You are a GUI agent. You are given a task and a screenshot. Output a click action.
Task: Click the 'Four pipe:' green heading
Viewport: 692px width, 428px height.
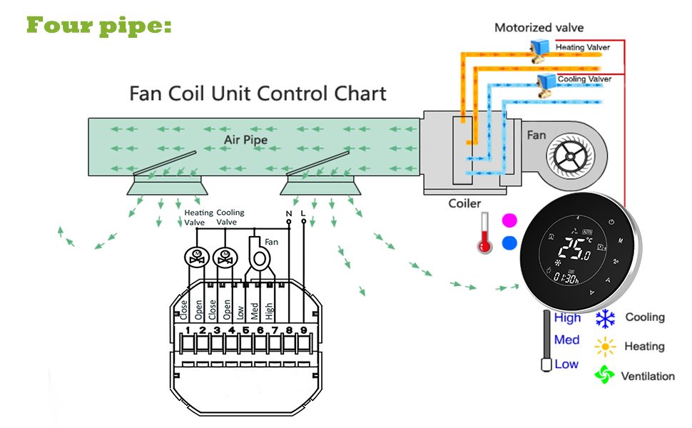[99, 25]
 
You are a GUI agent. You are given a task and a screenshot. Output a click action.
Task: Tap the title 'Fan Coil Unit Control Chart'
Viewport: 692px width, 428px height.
[258, 93]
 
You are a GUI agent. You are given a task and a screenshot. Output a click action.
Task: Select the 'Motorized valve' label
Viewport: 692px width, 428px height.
[539, 28]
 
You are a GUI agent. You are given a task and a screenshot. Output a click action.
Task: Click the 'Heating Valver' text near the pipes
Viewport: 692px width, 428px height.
[583, 48]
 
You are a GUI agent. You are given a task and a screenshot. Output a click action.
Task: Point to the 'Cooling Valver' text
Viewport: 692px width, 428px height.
[584, 78]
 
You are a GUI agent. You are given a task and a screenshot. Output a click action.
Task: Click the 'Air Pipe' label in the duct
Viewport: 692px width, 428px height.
[246, 140]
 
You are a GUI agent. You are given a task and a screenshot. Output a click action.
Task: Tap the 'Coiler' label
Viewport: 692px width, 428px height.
[464, 203]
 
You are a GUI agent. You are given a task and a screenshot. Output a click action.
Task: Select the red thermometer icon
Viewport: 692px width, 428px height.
[486, 233]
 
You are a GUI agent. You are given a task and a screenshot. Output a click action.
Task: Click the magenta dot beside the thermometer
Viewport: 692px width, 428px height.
[509, 219]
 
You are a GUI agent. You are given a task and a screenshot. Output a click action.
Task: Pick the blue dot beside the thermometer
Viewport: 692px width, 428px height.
[509, 243]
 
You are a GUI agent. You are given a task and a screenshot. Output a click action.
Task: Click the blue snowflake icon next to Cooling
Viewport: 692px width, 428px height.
[606, 318]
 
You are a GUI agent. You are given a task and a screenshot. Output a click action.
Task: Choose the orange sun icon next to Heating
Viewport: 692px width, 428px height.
[605, 347]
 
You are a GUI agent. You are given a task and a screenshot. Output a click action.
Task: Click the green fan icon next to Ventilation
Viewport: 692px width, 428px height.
[605, 375]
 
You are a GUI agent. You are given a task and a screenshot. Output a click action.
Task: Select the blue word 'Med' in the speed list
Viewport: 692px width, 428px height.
[566, 340]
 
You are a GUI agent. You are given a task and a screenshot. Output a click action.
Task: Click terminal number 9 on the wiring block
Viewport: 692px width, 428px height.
[303, 330]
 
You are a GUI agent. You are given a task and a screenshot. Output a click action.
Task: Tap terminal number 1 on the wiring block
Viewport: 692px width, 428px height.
[187, 330]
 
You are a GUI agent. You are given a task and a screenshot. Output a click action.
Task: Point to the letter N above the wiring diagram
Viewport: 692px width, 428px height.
[288, 214]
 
